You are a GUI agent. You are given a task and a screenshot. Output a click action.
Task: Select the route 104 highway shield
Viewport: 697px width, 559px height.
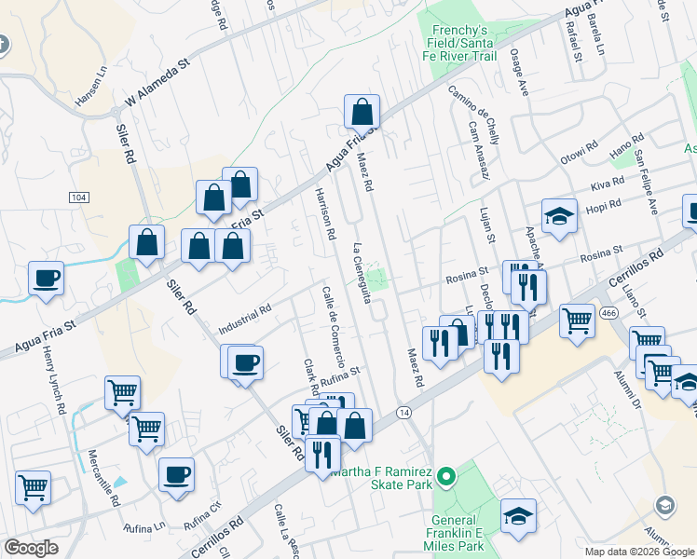[79, 198]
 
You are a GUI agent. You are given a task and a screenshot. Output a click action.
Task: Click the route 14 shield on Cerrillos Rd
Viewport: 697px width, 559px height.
[403, 412]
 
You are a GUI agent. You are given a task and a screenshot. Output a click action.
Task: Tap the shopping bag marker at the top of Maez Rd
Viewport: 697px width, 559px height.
[362, 113]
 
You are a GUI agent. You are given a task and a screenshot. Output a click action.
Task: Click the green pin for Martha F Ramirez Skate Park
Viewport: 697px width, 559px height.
[446, 477]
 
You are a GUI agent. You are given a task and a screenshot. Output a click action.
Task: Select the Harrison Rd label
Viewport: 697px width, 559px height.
[324, 213]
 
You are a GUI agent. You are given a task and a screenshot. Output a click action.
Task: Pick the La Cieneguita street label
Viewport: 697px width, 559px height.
[362, 273]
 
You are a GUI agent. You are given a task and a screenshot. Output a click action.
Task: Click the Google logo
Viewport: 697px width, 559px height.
[32, 548]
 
